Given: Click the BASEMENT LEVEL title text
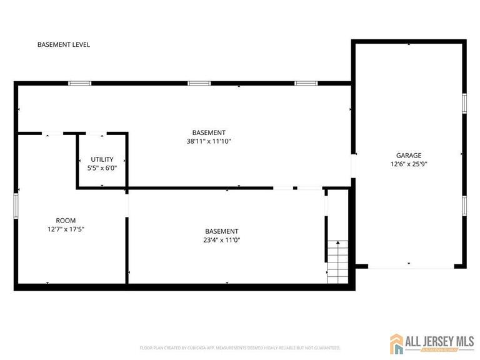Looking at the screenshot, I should tap(64, 45).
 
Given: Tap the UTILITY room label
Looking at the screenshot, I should tap(102, 159).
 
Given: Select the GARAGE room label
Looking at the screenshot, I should tap(409, 156).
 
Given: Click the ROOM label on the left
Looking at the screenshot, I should tap(66, 221).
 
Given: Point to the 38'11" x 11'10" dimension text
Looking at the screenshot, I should tap(209, 141).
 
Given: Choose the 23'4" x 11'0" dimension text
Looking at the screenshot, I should tap(221, 240).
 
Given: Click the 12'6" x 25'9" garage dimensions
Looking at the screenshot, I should tap(409, 164).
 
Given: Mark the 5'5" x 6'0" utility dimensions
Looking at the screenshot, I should tap(102, 167).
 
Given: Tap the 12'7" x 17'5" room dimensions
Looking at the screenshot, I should tap(66, 229).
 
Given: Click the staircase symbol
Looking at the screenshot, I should tap(337, 261).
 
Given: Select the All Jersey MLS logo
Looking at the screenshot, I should tap(431, 343).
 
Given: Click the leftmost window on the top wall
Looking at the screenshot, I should tap(80, 83).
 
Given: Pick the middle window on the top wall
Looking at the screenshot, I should tap(199, 83).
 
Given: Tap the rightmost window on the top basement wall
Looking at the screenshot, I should tap(306, 83).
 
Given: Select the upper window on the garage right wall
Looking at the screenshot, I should tap(464, 103).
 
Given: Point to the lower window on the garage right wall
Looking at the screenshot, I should tap(464, 206).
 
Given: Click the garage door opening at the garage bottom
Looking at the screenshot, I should tap(411, 267).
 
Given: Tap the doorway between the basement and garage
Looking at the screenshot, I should tap(353, 166).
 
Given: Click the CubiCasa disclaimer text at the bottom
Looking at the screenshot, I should tap(240, 347).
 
